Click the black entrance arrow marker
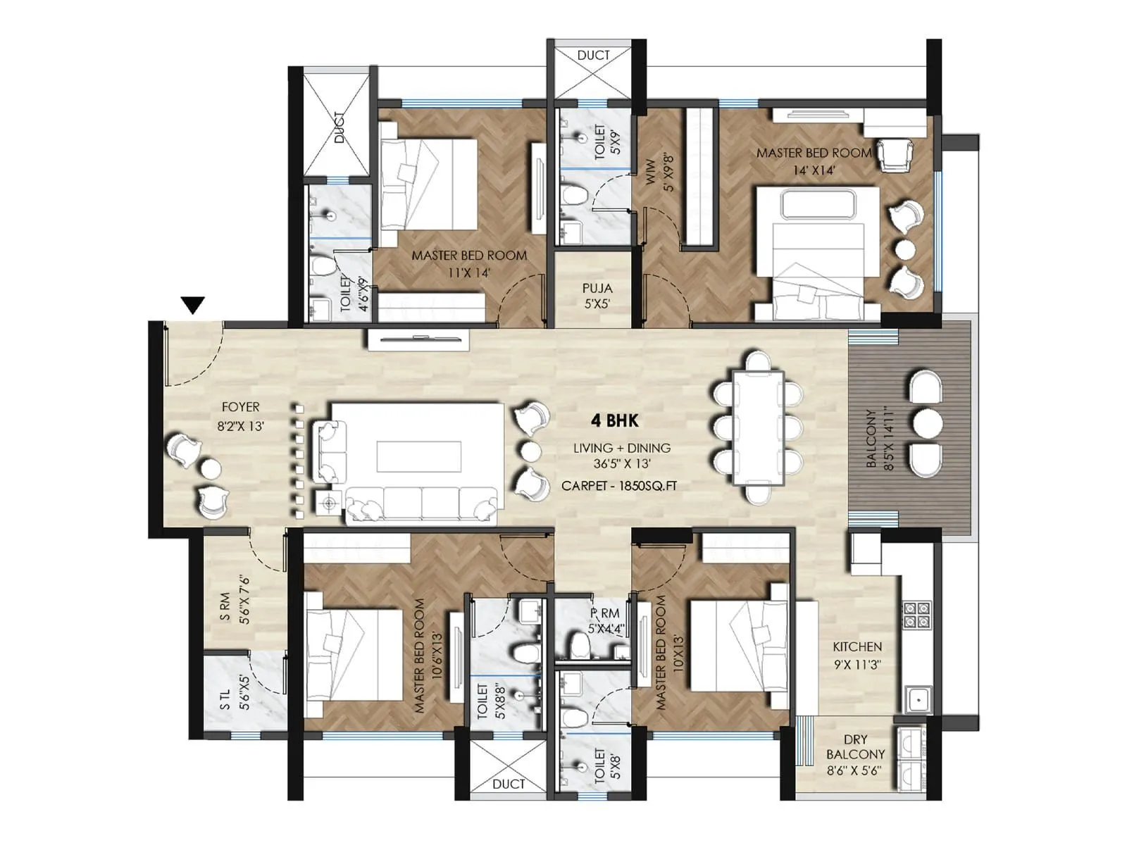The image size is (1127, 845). tap(192, 305)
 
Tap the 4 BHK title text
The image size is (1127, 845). tap(614, 421)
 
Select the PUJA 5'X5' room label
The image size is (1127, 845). tap(597, 296)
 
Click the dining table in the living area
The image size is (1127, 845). tap(757, 427)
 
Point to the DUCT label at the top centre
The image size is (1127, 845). tap(593, 55)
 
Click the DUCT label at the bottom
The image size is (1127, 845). tap(509, 784)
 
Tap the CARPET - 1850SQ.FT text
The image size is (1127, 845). tap(619, 486)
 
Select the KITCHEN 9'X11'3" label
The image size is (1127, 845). tap(857, 655)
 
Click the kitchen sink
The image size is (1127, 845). tap(917, 700)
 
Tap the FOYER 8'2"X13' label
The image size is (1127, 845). tap(240, 415)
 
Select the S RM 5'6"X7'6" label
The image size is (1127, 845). tap(234, 600)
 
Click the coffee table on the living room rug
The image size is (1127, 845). tap(418, 456)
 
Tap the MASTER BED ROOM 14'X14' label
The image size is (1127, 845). tap(814, 161)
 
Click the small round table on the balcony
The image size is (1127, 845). tap(927, 424)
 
